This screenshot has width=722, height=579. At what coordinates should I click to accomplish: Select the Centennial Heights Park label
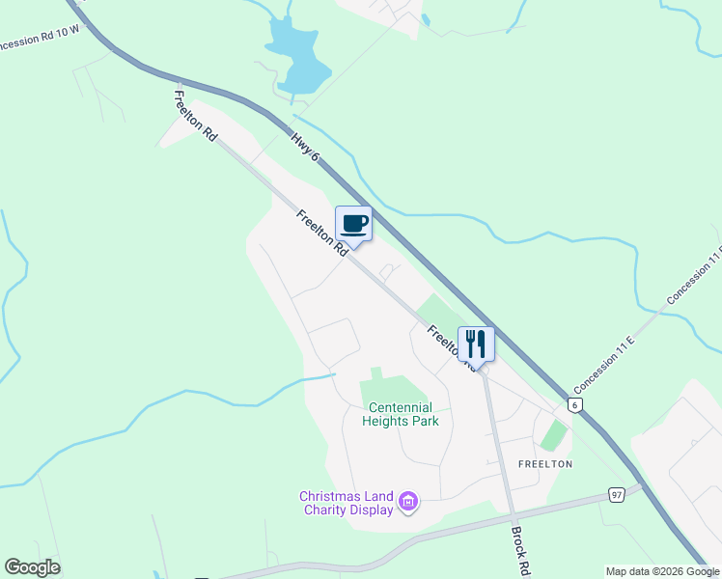(x=401, y=414)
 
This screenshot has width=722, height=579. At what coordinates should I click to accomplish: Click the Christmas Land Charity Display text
(x=346, y=503)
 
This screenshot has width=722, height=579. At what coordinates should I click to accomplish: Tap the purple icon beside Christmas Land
(x=408, y=501)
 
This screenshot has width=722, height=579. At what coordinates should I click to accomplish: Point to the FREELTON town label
(x=545, y=464)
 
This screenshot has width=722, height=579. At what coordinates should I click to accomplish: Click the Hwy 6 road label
(x=304, y=152)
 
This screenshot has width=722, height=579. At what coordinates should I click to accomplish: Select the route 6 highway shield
(x=575, y=406)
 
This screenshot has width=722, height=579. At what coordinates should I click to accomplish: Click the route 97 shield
(x=616, y=495)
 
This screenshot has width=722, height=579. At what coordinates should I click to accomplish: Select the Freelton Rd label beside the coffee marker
(x=322, y=233)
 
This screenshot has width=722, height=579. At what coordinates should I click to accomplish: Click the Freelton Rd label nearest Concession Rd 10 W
(x=195, y=117)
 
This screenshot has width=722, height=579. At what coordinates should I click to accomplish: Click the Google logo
(x=32, y=567)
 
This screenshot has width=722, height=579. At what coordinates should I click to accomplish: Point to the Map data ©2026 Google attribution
(x=661, y=571)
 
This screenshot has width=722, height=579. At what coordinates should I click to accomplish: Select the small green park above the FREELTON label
(x=553, y=435)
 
